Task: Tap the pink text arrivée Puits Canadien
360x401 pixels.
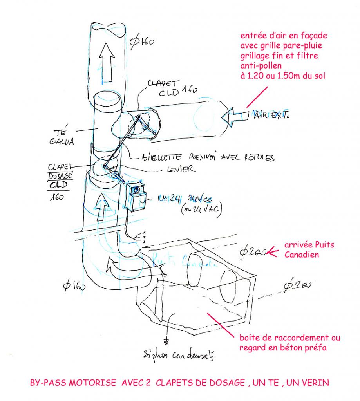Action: pyautogui.click(x=304, y=249)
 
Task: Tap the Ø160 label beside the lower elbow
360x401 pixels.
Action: pyautogui.click(x=73, y=286)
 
